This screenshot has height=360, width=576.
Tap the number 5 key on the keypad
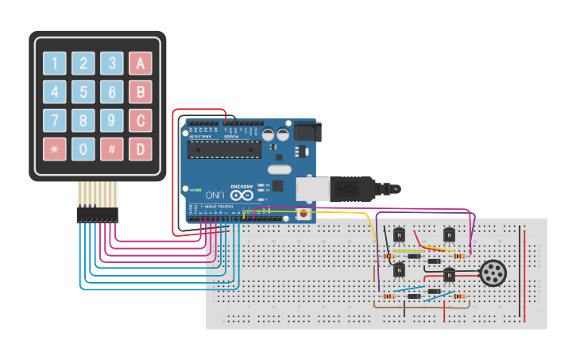[x=83, y=91]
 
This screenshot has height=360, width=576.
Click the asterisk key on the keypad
[x=54, y=149]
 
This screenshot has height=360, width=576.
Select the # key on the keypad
[x=112, y=149]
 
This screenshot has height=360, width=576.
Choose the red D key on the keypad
[x=141, y=149]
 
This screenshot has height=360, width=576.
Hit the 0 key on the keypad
[x=83, y=149]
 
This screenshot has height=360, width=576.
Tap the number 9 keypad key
[x=112, y=120]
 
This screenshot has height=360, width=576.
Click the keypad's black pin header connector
[x=97, y=214]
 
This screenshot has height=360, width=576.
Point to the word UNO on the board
[x=215, y=195]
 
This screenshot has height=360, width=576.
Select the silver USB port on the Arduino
[x=311, y=188]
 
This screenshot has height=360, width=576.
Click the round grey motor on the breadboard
[x=493, y=273]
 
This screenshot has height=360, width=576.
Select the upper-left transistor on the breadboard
[x=399, y=235]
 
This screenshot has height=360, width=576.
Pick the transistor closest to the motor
[x=449, y=275]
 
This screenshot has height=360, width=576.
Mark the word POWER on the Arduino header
[x=228, y=136]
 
